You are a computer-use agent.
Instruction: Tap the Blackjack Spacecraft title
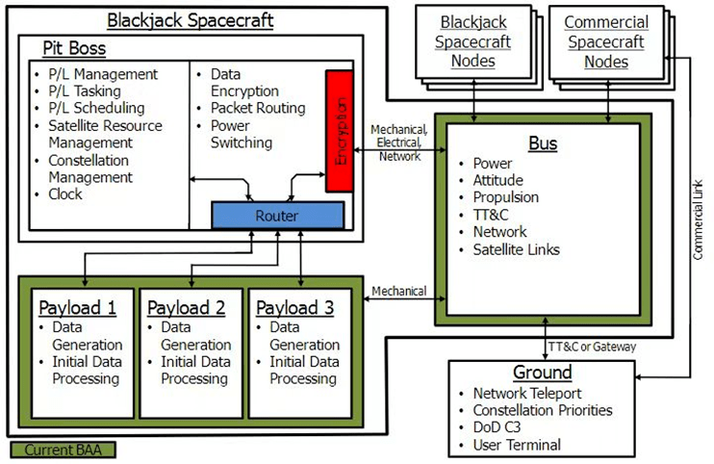190,20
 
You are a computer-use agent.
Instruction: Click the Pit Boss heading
74,48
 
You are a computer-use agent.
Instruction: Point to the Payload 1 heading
78,308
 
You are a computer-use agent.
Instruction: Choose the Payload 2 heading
187,308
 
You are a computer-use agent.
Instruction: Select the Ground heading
542,373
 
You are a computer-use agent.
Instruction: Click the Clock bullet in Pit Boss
65,194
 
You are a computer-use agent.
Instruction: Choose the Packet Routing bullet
258,109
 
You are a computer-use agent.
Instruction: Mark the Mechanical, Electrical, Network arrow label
401,142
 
